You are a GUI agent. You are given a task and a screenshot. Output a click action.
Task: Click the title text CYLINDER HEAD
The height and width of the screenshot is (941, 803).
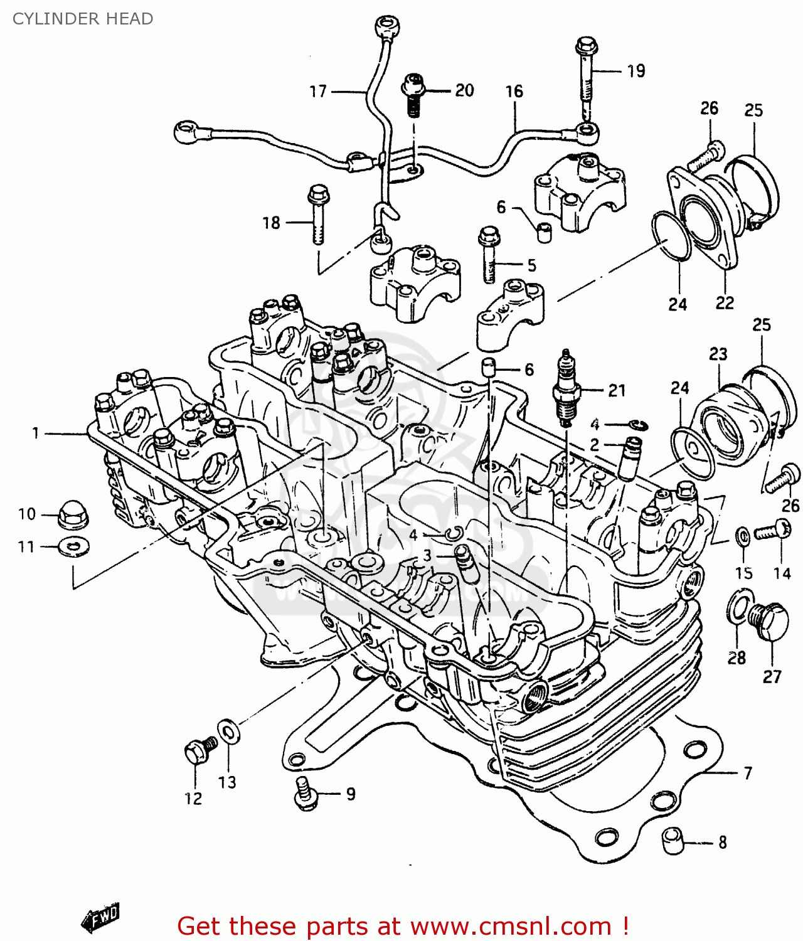pos(83,19)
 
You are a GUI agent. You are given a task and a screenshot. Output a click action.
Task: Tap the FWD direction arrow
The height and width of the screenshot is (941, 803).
pos(100,917)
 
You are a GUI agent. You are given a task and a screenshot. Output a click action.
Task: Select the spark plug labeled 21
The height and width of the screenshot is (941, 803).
pos(566,389)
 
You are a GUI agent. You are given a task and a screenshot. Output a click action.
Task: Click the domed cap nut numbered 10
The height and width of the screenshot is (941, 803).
pos(73,514)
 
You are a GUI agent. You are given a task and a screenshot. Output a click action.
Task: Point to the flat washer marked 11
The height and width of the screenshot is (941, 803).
pos(73,547)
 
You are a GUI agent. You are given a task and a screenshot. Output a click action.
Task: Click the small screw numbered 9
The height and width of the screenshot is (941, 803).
pos(306,793)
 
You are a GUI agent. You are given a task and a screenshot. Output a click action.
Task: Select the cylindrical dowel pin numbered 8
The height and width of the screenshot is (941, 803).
pos(673,841)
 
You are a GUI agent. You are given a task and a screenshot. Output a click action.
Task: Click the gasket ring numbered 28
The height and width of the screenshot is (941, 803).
pos(738,607)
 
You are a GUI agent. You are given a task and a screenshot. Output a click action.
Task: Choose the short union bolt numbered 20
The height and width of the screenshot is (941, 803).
pos(413,94)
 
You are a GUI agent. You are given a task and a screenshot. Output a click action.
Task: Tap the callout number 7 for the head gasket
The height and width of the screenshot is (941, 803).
pos(748,773)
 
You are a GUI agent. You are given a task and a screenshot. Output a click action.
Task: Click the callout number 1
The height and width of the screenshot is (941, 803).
pos(36,433)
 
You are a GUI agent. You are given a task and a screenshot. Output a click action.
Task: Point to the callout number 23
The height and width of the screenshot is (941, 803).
pos(718,354)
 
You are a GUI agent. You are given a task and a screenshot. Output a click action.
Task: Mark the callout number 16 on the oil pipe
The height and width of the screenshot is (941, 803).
pos(514,92)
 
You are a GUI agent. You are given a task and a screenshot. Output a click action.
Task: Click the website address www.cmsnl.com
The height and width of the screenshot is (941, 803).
pos(511,926)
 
